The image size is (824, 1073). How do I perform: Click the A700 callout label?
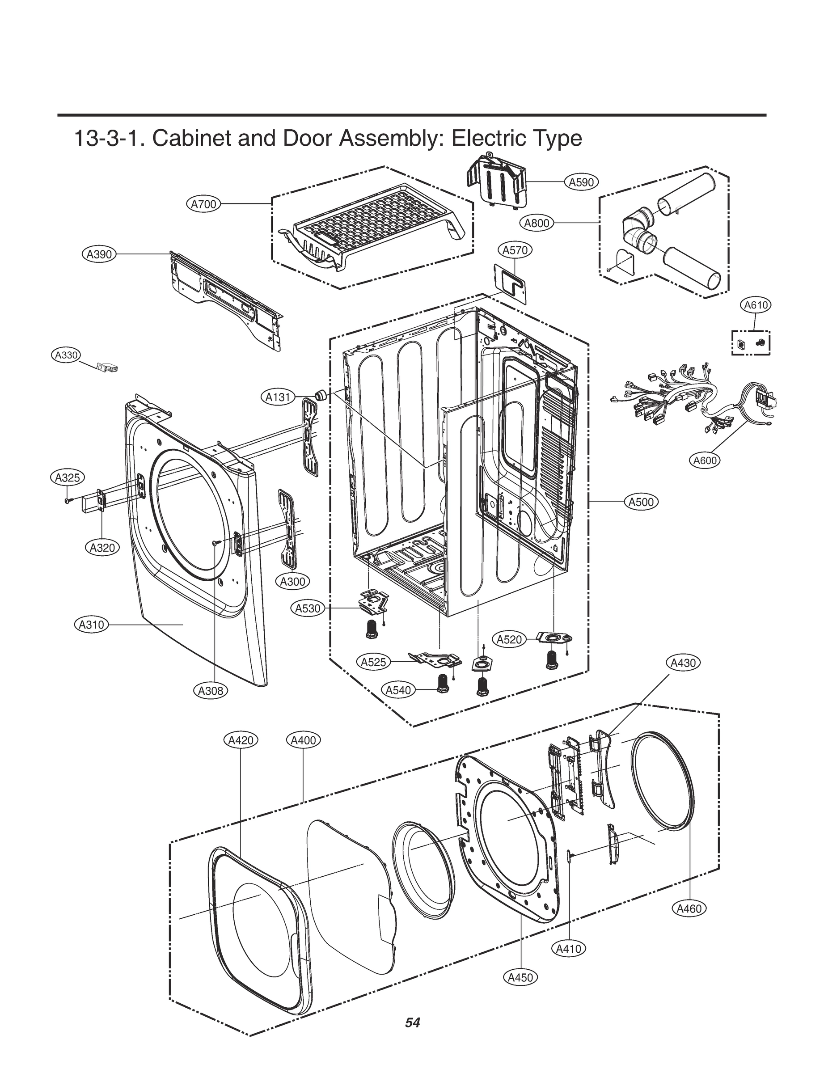tap(203, 204)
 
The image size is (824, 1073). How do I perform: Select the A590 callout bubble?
tap(581, 182)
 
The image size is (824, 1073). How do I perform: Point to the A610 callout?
tap(756, 305)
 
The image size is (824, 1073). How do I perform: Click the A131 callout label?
tap(278, 397)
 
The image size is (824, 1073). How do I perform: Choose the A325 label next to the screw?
tap(68, 477)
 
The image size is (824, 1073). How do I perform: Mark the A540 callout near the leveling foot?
tap(398, 690)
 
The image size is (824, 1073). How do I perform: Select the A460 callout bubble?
tap(689, 909)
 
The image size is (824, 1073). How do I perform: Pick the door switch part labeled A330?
tap(108, 368)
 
